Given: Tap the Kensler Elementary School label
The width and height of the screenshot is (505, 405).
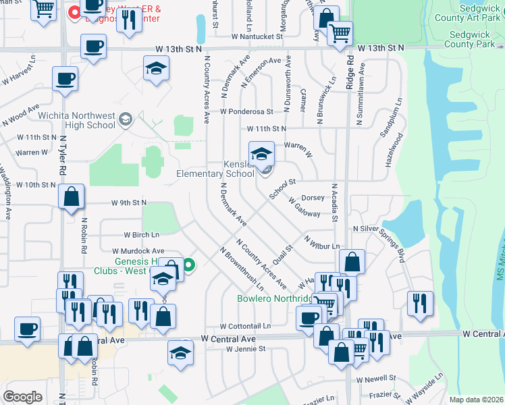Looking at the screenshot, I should [215, 169].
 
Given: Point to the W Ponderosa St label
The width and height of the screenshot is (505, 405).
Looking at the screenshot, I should [246, 111].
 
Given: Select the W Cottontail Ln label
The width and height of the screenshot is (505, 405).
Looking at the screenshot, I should [244, 325].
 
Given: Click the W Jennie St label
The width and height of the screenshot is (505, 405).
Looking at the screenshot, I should [246, 349].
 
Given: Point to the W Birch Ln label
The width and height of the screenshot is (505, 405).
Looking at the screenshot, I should [142, 235].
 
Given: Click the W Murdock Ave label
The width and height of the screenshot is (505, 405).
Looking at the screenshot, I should [143, 250].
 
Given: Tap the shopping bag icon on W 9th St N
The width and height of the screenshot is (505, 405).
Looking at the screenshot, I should [71, 197].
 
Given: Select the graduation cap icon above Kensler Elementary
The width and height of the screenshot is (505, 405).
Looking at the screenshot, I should [261, 153].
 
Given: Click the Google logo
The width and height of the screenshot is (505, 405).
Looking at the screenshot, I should [22, 397].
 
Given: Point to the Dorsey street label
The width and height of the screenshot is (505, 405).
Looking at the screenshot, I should [313, 198].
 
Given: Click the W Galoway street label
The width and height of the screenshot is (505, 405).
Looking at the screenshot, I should [304, 207].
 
